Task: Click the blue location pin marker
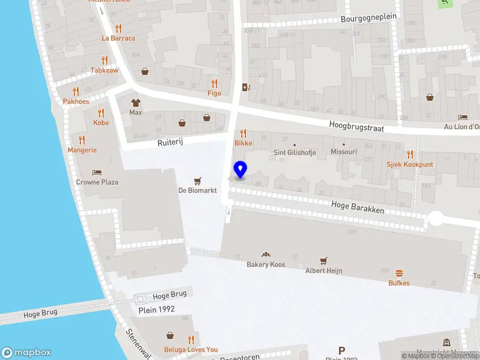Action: click(x=241, y=170)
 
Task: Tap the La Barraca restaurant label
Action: click(x=118, y=38)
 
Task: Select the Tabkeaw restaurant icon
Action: click(x=104, y=60)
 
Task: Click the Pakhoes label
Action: click(x=76, y=101)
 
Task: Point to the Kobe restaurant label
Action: click(x=101, y=122)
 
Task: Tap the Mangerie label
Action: click(x=82, y=149)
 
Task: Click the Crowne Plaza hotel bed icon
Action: click(x=96, y=172)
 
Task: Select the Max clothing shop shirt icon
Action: click(x=136, y=103)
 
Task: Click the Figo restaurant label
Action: click(x=214, y=93)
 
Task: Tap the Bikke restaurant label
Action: click(x=244, y=144)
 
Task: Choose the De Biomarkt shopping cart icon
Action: click(x=197, y=181)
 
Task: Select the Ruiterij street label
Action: click(x=169, y=143)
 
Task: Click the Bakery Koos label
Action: click(x=266, y=265)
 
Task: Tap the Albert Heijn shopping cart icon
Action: click(x=324, y=261)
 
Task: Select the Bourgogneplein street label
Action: click(x=368, y=17)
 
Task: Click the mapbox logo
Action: click(x=26, y=352)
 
